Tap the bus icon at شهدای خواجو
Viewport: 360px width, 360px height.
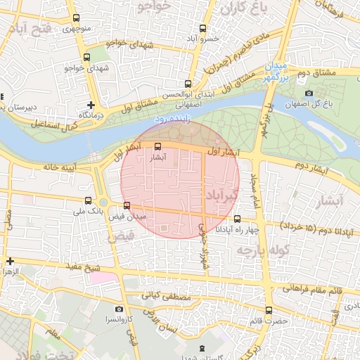(86, 57)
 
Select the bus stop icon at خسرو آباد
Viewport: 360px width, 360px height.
(202, 29)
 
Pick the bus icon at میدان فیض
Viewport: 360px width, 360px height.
(127, 205)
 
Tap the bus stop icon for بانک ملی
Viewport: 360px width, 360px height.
(87, 200)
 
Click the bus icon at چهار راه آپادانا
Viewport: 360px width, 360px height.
(237, 219)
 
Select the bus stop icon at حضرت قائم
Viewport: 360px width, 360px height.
(267, 310)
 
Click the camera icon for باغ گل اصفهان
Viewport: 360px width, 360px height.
(309, 94)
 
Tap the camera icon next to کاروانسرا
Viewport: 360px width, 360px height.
(119, 309)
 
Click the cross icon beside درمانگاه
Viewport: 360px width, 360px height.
(91, 104)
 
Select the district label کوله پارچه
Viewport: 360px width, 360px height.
(254, 250)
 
